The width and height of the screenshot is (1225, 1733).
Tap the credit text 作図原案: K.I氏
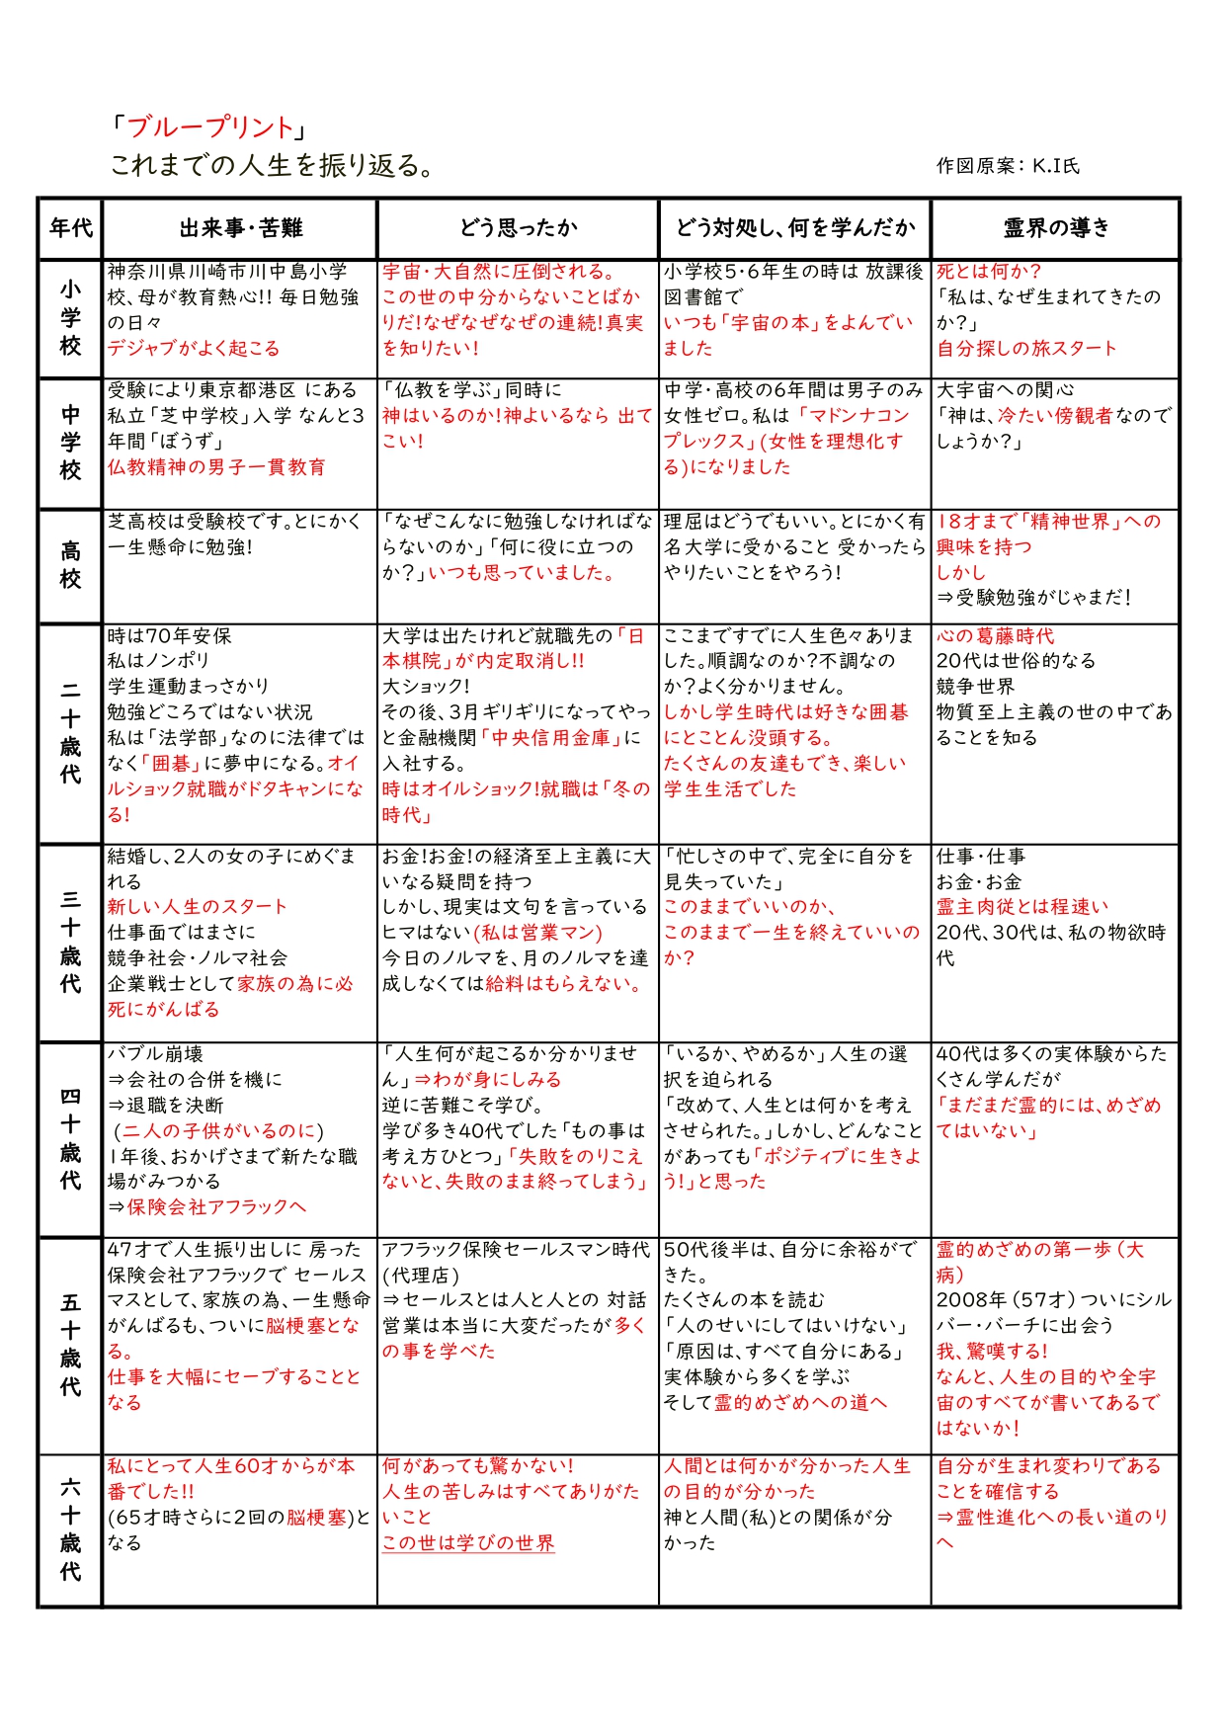tap(1008, 166)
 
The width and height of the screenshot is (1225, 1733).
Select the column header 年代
tap(71, 228)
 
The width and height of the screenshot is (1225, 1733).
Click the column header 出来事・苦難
tap(240, 228)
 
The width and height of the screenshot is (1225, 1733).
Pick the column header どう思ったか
tap(518, 228)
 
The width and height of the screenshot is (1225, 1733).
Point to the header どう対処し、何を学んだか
tap(795, 228)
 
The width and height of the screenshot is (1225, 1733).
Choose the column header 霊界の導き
tap(1056, 228)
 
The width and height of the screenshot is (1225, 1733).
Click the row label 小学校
tap(71, 318)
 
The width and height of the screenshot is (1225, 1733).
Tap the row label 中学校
tap(71, 443)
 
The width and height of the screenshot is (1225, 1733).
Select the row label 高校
tap(71, 565)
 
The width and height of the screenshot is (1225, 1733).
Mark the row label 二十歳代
tap(71, 733)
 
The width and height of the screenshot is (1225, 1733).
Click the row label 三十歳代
tap(71, 942)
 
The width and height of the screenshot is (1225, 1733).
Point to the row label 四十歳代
tap(71, 1138)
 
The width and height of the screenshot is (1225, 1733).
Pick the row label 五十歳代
tap(71, 1345)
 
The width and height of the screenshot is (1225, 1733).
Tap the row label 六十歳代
tap(71, 1529)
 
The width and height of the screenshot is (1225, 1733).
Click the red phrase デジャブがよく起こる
tap(194, 349)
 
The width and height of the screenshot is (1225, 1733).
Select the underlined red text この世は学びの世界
tap(468, 1543)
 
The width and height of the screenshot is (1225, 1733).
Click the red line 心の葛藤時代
tap(996, 636)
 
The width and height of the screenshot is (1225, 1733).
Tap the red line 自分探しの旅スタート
tap(1026, 349)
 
